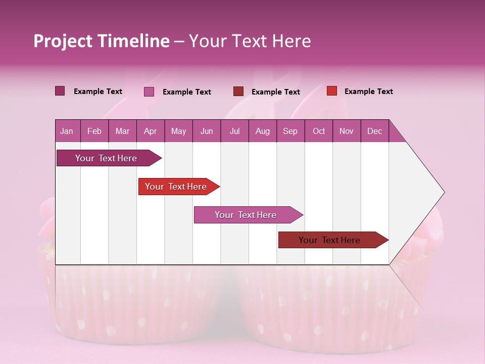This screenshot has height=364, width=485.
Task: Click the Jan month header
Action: (67, 131)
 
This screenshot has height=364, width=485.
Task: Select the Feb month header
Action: (94, 131)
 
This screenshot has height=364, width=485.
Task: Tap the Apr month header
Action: (150, 131)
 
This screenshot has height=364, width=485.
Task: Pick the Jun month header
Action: (207, 131)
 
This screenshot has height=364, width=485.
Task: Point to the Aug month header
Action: (262, 131)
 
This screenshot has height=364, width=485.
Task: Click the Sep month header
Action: (290, 131)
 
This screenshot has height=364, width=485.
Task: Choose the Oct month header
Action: (319, 131)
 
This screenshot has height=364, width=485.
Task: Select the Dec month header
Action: (374, 131)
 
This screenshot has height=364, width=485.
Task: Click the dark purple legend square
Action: (60, 91)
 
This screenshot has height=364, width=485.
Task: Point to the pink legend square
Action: (149, 92)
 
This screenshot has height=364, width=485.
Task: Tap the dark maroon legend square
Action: (238, 92)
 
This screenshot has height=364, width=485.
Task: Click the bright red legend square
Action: (332, 91)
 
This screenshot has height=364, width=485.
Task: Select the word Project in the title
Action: (63, 41)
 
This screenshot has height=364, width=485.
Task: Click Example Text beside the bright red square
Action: (368, 92)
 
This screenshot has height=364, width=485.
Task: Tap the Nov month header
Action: (347, 131)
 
